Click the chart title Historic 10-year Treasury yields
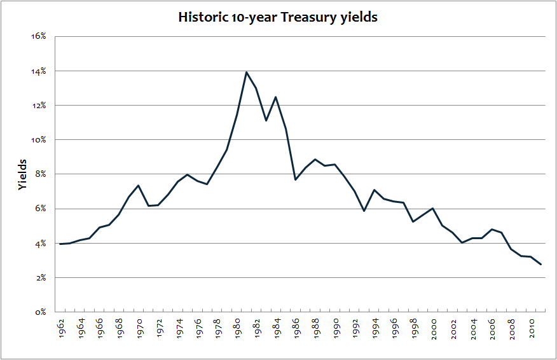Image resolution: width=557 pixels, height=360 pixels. click(x=278, y=17)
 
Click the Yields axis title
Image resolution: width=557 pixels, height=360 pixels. click(x=23, y=174)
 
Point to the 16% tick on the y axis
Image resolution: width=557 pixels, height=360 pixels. click(x=39, y=36)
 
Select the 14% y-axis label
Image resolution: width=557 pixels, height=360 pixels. click(x=39, y=71)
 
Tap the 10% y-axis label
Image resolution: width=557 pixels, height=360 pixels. click(x=39, y=140)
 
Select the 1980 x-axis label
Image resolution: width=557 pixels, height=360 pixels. click(x=237, y=328)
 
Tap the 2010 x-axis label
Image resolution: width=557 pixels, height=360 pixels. click(x=531, y=328)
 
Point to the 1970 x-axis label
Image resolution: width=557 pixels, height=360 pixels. click(x=139, y=328)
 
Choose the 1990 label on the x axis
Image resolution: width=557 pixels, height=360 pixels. click(x=334, y=328)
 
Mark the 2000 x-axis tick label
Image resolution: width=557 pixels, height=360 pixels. click(x=433, y=328)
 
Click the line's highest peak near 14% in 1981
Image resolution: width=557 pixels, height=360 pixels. click(x=246, y=72)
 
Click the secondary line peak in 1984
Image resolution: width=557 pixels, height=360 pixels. click(x=275, y=97)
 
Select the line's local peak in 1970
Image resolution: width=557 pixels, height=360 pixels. click(x=139, y=185)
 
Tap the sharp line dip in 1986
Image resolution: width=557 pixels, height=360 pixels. click(x=295, y=180)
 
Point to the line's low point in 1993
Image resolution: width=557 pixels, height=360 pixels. click(x=364, y=211)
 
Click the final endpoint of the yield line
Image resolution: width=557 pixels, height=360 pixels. click(x=541, y=265)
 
